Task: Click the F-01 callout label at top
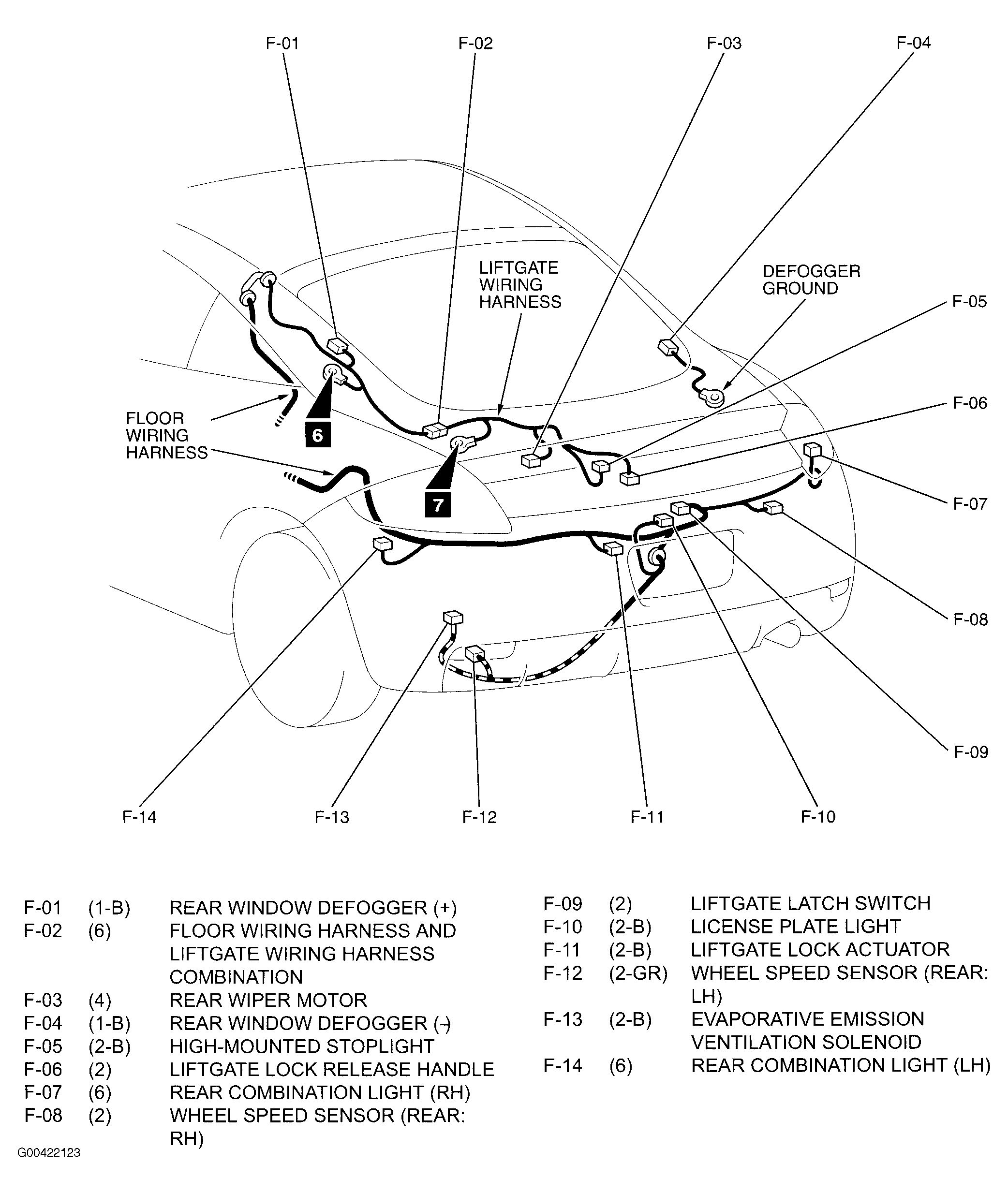tap(282, 44)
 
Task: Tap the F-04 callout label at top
tap(913, 43)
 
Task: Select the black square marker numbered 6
tap(318, 435)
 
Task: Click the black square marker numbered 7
tap(438, 505)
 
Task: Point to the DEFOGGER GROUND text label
tap(811, 280)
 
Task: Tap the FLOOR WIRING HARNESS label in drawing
tap(166, 435)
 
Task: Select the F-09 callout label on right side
tap(970, 752)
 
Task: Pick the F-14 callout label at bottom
tap(139, 817)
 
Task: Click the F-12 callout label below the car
tap(479, 817)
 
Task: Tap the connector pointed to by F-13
tap(453, 618)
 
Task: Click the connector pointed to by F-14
tap(382, 544)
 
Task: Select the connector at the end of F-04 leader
tap(668, 346)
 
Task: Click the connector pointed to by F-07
tap(812, 449)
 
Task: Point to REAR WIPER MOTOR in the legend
tap(268, 1000)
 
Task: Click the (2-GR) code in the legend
tap(637, 973)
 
